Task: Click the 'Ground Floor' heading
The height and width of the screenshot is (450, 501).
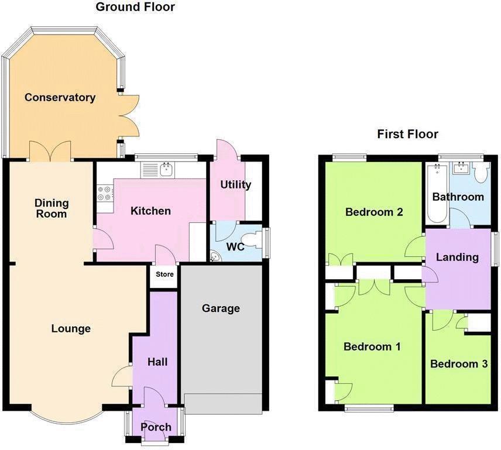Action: pos(135,7)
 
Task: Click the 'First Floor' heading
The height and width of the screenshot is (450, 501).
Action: pos(407,134)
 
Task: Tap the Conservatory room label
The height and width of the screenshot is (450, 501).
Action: pos(60,97)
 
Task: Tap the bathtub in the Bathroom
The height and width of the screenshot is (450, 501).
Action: pos(437,193)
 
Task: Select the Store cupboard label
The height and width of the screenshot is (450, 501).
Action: pos(164,274)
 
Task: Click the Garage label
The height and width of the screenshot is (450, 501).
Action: pos(221,308)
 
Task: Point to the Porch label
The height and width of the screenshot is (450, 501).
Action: pos(156,427)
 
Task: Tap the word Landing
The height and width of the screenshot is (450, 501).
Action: pos(457,257)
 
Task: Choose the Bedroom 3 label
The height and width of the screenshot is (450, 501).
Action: pos(458,364)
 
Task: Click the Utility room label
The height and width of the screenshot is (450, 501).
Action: pos(235,185)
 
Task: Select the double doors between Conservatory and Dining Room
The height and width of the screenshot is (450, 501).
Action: pos(50,152)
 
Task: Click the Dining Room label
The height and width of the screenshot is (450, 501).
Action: pos(51,208)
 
